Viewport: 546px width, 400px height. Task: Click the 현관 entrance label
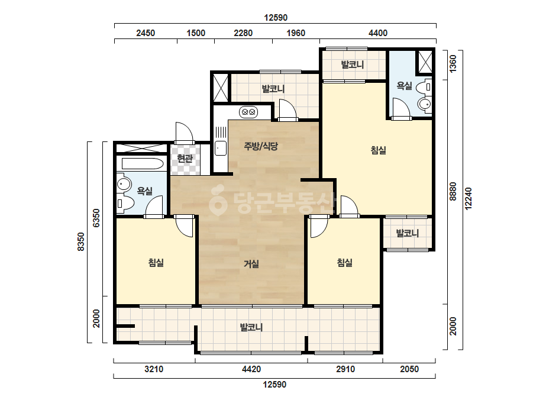(x=185, y=159)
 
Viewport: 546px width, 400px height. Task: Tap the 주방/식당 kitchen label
(x=261, y=146)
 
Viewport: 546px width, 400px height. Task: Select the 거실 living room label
(x=251, y=264)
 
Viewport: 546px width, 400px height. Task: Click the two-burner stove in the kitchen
(x=248, y=112)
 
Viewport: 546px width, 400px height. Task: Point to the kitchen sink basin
(x=221, y=149)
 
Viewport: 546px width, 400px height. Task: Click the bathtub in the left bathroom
(x=143, y=164)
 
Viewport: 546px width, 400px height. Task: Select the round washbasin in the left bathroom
(x=124, y=183)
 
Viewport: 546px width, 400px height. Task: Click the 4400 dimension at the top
(x=378, y=33)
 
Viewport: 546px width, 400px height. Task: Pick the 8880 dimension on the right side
(x=453, y=191)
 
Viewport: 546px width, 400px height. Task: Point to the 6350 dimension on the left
(x=96, y=218)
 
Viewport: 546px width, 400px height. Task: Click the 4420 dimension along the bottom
(x=251, y=369)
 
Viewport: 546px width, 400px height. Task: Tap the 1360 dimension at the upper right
(x=453, y=64)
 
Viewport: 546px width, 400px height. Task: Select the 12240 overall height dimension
(x=469, y=199)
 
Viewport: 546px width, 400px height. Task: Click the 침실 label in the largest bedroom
(x=378, y=150)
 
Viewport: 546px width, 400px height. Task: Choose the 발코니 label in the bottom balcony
(x=251, y=327)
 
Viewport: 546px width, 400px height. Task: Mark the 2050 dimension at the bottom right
(x=409, y=369)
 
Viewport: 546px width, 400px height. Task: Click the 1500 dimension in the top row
(x=196, y=33)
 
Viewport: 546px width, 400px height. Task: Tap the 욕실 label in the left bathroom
(x=144, y=191)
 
